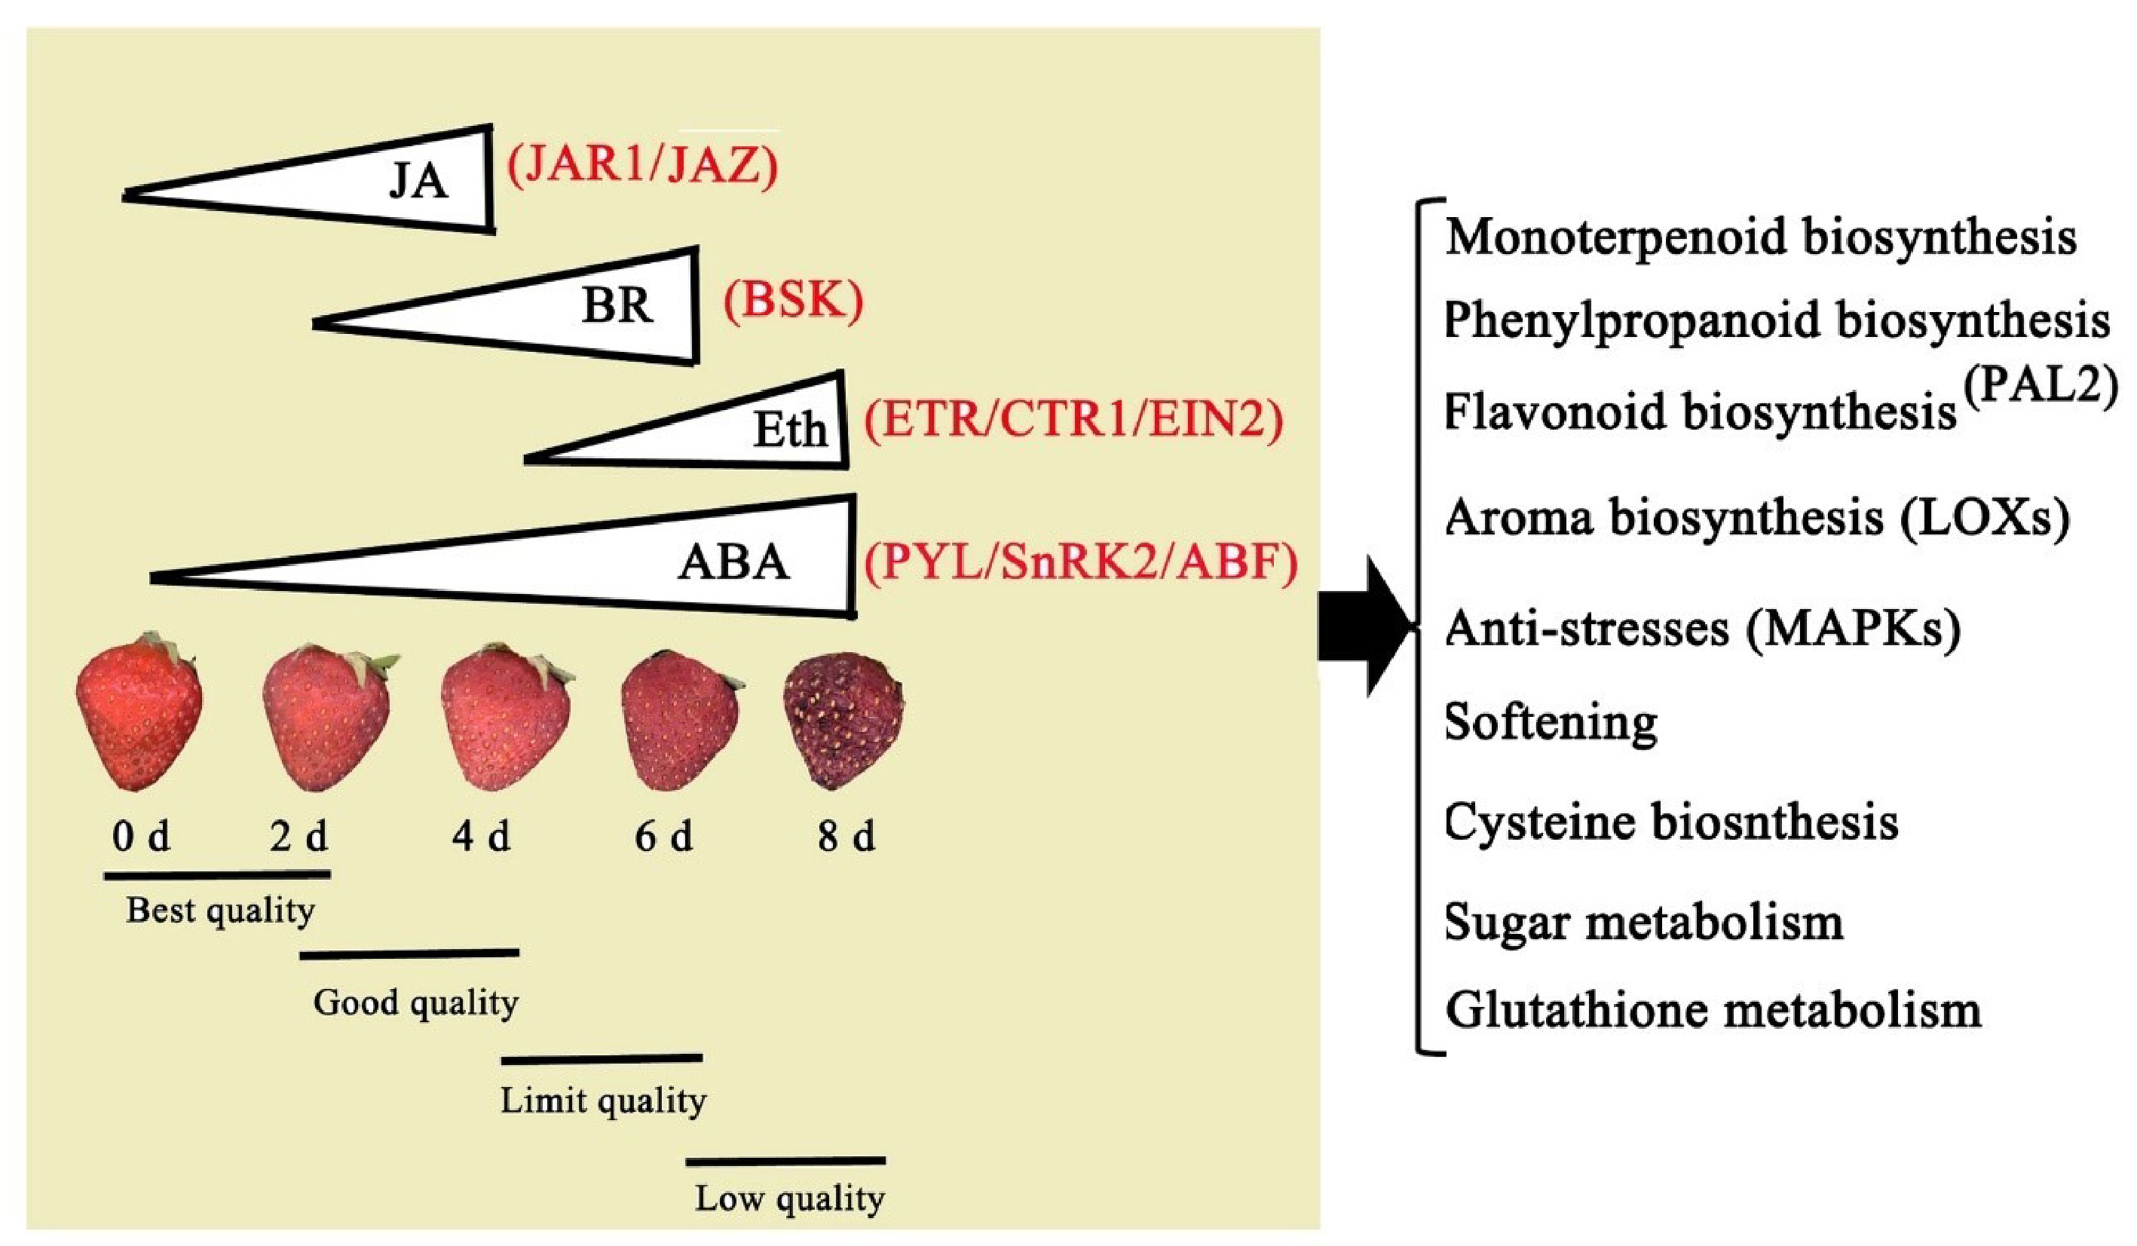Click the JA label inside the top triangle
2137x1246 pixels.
tap(418, 181)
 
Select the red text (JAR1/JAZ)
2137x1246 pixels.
tap(642, 167)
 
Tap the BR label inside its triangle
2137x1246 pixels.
tap(617, 305)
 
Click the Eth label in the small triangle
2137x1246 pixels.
tap(789, 430)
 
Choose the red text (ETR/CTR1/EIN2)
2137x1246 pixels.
tap(1073, 421)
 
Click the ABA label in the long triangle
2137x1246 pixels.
tap(733, 562)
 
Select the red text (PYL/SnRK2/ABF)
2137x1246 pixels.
tap(1080, 562)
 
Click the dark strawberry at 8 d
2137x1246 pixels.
tap(843, 719)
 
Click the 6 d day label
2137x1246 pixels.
tap(663, 837)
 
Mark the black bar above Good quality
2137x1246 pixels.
tap(409, 955)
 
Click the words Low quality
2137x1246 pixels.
tap(789, 1199)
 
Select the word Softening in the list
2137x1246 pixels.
tap(1550, 723)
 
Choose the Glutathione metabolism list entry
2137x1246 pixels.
tap(1713, 1010)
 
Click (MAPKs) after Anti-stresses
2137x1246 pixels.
tap(1854, 629)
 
